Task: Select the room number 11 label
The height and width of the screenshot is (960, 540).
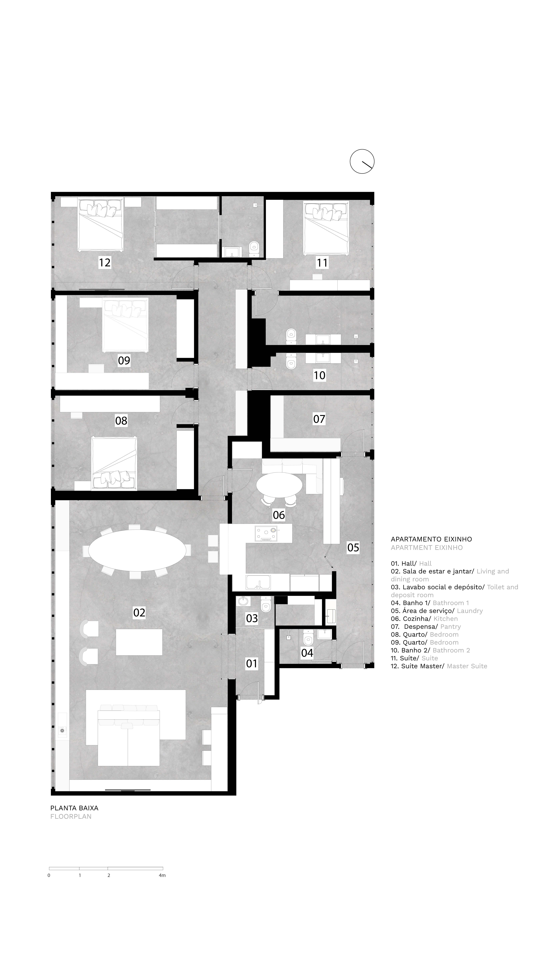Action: click(322, 263)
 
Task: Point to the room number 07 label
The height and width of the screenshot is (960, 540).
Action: click(319, 419)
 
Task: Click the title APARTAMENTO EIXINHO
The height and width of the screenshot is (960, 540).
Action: click(431, 539)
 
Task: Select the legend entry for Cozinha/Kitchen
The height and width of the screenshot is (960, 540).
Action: click(424, 619)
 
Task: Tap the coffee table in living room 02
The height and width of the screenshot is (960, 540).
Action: click(139, 642)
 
